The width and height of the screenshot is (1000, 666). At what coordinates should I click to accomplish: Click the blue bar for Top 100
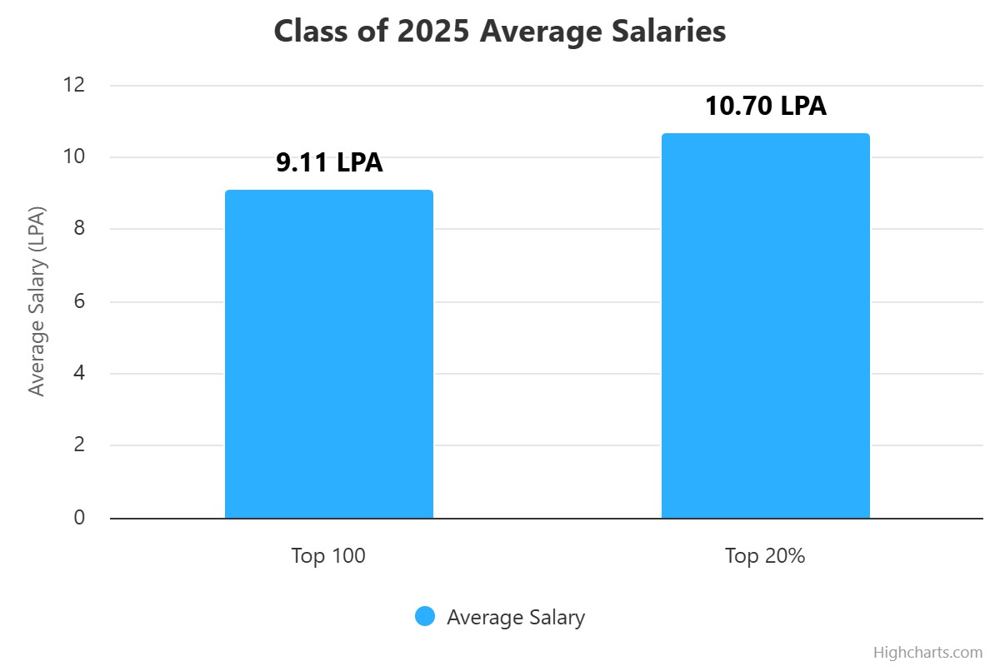tap(329, 354)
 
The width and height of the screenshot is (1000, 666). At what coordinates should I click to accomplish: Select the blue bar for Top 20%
tap(765, 326)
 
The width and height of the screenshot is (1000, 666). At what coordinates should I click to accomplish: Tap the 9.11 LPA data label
tap(329, 162)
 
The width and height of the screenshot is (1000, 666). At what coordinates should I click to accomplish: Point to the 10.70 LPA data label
tap(765, 106)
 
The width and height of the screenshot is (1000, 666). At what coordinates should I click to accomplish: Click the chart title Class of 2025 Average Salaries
tap(500, 32)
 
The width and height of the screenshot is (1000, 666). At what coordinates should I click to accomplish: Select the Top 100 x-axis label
tap(328, 556)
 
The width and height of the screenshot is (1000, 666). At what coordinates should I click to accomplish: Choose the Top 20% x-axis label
tap(765, 556)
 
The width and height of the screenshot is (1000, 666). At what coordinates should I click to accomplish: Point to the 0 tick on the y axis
tap(78, 518)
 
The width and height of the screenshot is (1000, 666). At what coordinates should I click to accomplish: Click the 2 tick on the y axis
tap(78, 445)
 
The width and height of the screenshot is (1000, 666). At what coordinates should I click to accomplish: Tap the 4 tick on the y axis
tap(78, 374)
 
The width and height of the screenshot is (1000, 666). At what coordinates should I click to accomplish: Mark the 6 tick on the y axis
tap(78, 301)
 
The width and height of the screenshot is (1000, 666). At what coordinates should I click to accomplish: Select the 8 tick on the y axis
tap(78, 229)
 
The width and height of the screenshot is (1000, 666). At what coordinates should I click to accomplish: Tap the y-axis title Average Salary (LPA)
tap(36, 301)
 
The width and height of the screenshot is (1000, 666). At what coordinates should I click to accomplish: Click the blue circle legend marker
tap(425, 617)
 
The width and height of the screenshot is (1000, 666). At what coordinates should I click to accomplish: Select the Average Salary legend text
tap(515, 618)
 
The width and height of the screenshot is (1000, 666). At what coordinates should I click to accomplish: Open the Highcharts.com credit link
tap(927, 652)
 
